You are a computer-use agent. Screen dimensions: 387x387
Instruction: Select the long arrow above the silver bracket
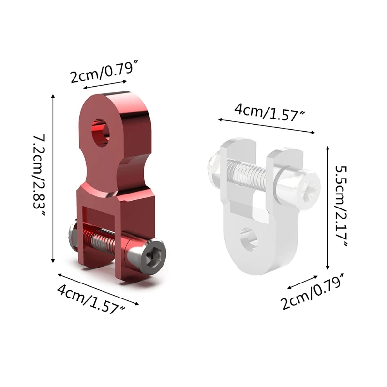pyautogui.click(x=266, y=125)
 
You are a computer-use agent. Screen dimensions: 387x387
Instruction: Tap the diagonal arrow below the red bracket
pyautogui.click(x=99, y=289)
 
